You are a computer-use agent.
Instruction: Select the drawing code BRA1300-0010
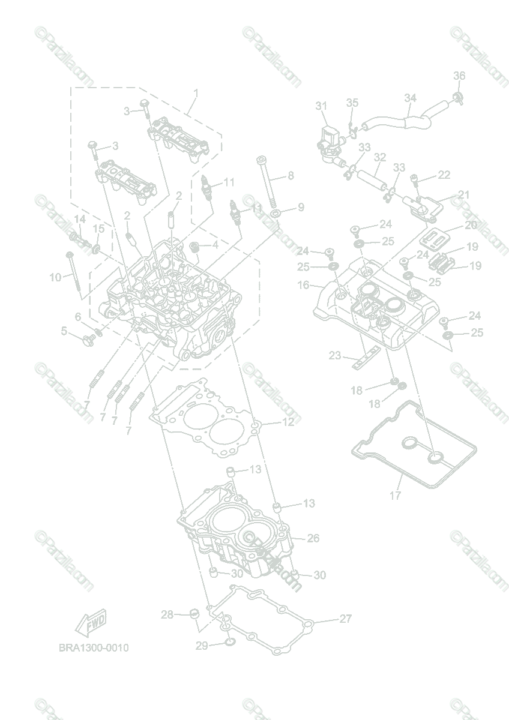(93, 648)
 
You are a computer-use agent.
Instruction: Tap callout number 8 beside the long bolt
(291, 176)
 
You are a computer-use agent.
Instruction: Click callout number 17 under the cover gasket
(395, 496)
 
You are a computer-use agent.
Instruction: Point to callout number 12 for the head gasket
(288, 422)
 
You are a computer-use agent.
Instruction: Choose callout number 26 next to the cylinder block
(313, 538)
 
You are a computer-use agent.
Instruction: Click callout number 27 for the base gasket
(345, 619)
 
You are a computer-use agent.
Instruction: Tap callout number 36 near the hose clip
(459, 76)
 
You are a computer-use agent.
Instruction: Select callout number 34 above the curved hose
(410, 97)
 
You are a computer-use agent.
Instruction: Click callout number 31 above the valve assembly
(321, 106)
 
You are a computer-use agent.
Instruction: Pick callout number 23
(335, 355)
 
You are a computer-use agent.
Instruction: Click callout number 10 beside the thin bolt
(55, 277)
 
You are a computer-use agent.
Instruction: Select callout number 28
(167, 614)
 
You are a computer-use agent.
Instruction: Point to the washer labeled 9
(276, 214)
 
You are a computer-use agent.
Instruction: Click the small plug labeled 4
(194, 246)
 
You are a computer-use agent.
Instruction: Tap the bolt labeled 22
(415, 178)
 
